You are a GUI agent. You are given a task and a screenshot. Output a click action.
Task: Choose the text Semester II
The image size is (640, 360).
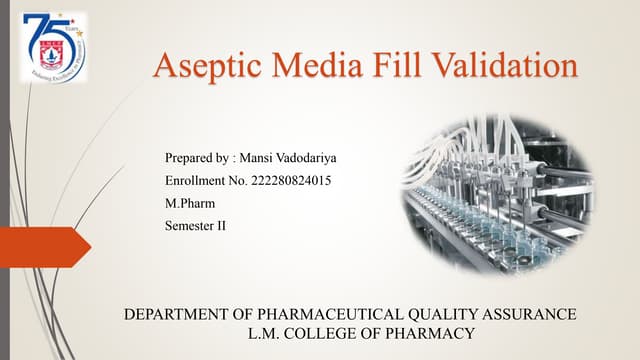coord(195,226)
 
